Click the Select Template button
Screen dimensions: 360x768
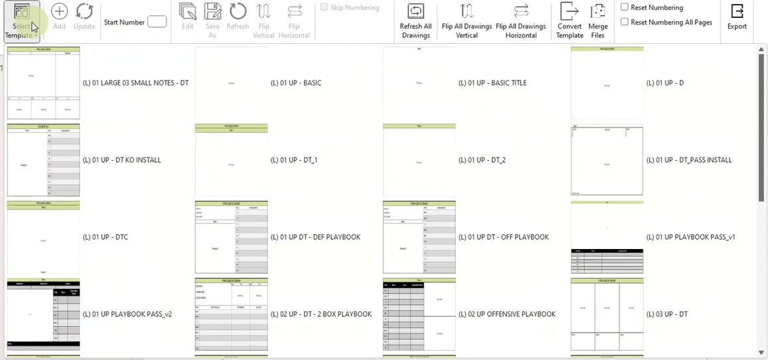[x=21, y=21]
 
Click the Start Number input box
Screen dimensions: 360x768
[x=157, y=22]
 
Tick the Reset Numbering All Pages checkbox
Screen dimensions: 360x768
[x=625, y=22]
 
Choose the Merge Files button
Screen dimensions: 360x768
[x=598, y=21]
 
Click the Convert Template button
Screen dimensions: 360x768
[x=569, y=21]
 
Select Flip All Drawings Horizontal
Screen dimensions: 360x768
[x=521, y=21]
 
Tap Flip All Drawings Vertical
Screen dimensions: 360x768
[x=466, y=21]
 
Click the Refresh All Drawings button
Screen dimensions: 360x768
[x=415, y=21]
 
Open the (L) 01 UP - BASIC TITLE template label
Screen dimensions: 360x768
[x=492, y=83]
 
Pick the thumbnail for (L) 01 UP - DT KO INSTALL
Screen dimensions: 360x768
[x=43, y=160]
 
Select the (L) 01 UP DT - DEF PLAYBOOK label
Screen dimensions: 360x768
[x=315, y=237]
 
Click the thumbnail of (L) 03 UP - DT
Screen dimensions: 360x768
[x=607, y=314]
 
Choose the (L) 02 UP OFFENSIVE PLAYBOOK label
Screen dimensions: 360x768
[x=507, y=314]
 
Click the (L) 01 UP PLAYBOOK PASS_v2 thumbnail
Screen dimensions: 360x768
[x=43, y=314]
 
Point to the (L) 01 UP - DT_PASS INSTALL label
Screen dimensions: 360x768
[x=689, y=160]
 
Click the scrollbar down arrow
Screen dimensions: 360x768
[x=761, y=352]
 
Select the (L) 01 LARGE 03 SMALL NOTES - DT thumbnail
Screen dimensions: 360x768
[x=43, y=83]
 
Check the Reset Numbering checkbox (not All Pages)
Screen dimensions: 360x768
[x=625, y=7]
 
